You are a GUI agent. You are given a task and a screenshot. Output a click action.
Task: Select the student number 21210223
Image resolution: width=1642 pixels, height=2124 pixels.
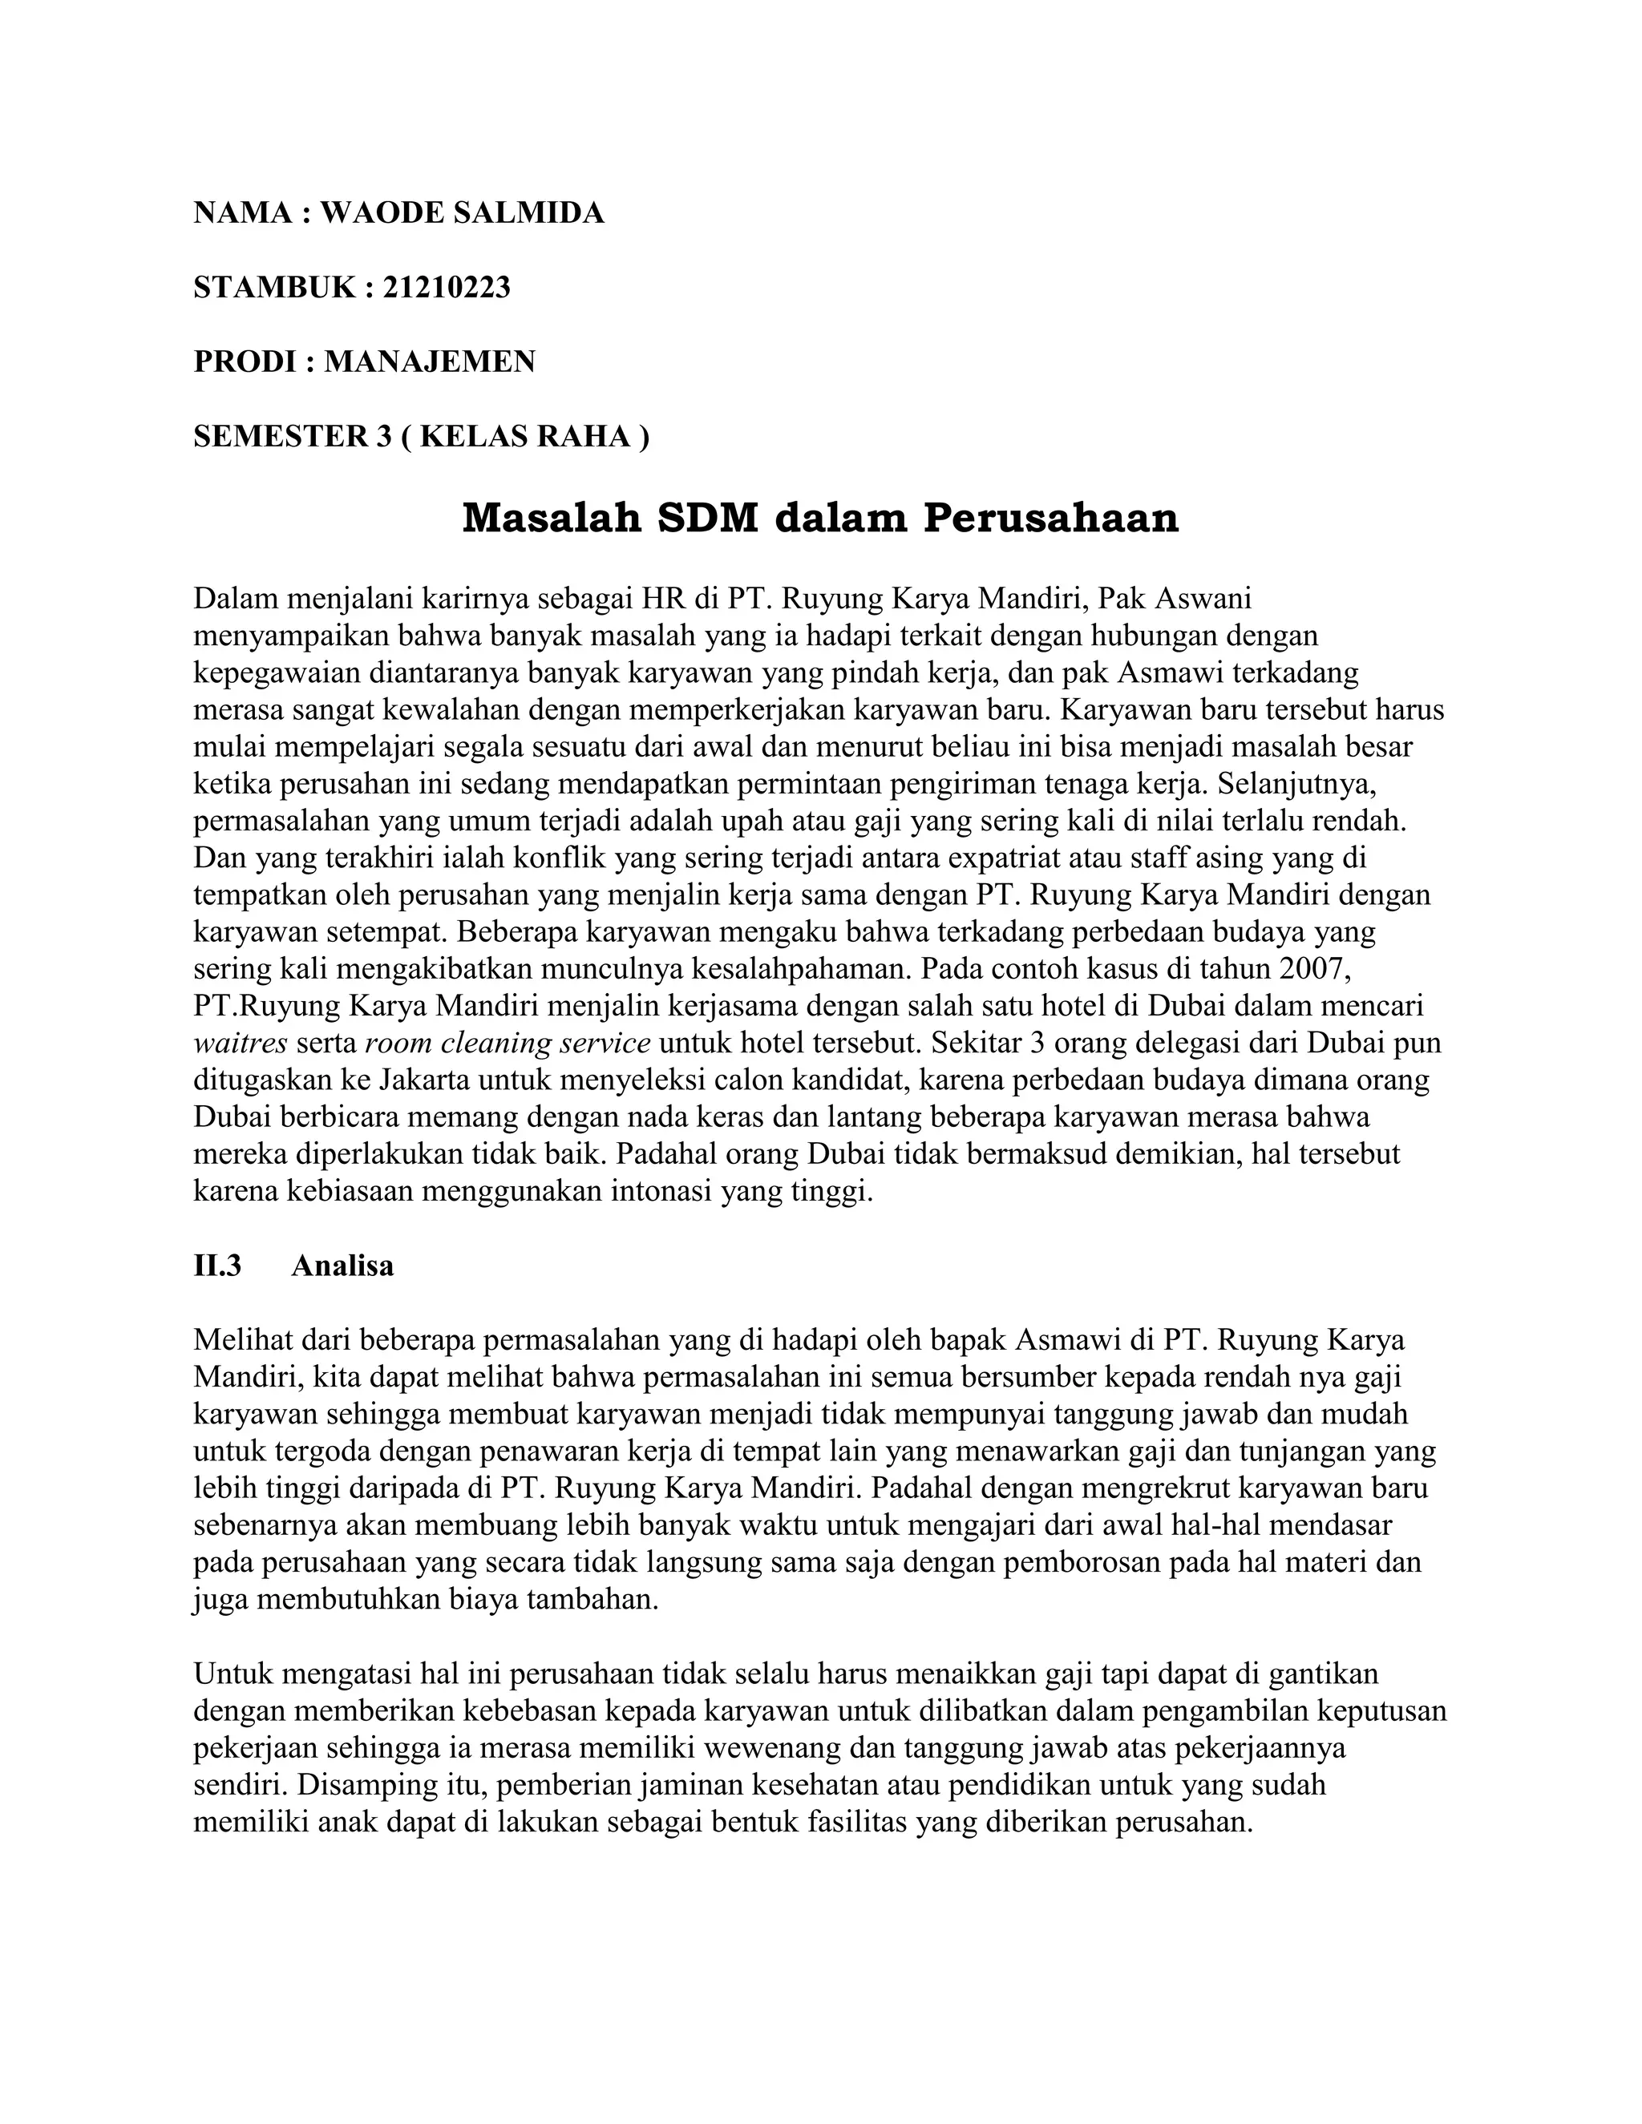(447, 288)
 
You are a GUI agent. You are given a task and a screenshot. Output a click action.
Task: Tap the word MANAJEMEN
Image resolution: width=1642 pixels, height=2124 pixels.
(429, 361)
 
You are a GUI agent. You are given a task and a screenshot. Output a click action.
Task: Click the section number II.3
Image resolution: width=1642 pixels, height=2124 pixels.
(218, 1266)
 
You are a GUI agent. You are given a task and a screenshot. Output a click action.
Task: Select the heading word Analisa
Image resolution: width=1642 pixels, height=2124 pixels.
(342, 1266)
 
